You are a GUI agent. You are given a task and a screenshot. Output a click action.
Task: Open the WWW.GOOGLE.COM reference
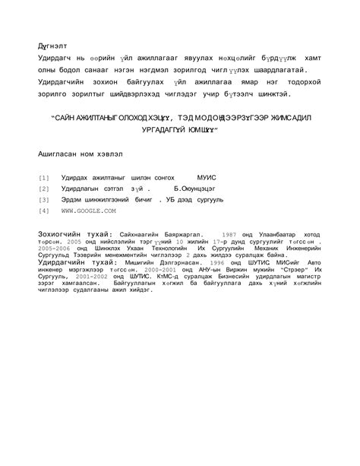point(89,210)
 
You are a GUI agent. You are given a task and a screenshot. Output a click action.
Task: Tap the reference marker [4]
point(43,210)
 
